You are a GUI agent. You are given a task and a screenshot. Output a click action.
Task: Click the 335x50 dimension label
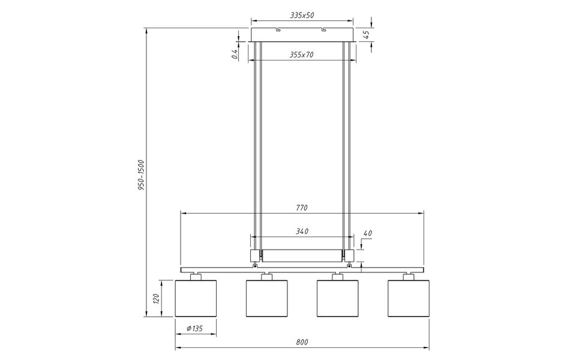point(302,15)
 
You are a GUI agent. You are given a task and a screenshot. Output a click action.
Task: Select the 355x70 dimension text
point(301,55)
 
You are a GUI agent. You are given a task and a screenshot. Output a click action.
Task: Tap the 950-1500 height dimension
point(140,174)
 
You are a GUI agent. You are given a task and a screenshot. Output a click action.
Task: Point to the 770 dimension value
point(301,208)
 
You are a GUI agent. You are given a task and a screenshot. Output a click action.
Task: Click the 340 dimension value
point(302,231)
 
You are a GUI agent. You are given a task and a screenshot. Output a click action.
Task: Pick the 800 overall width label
point(302,342)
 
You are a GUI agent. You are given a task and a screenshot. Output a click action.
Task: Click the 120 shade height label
point(155,298)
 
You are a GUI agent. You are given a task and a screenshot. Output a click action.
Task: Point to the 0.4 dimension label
point(236,55)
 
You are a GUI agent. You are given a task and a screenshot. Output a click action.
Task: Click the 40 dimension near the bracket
point(368,233)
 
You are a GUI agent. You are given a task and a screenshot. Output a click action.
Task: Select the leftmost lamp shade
point(195,298)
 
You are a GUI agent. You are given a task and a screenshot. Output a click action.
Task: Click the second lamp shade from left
point(266,298)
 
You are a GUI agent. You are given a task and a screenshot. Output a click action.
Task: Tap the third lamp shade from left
point(337,298)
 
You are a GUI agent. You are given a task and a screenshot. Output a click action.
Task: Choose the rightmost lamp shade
point(409,298)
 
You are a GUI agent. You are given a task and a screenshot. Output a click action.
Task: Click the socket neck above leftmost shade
point(195,276)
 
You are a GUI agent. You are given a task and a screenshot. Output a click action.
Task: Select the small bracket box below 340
point(302,256)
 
